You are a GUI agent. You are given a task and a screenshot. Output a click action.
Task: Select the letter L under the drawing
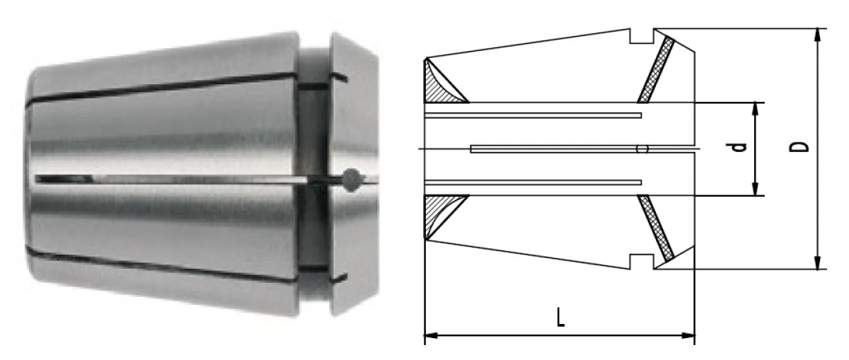pyautogui.click(x=560, y=315)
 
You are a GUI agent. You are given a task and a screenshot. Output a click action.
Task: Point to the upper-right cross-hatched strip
pyautogui.click(x=656, y=69)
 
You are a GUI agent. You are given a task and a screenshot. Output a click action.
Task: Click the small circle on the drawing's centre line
pyautogui.click(x=642, y=149)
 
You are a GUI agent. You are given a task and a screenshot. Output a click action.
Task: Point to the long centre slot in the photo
pyautogui.click(x=177, y=179)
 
